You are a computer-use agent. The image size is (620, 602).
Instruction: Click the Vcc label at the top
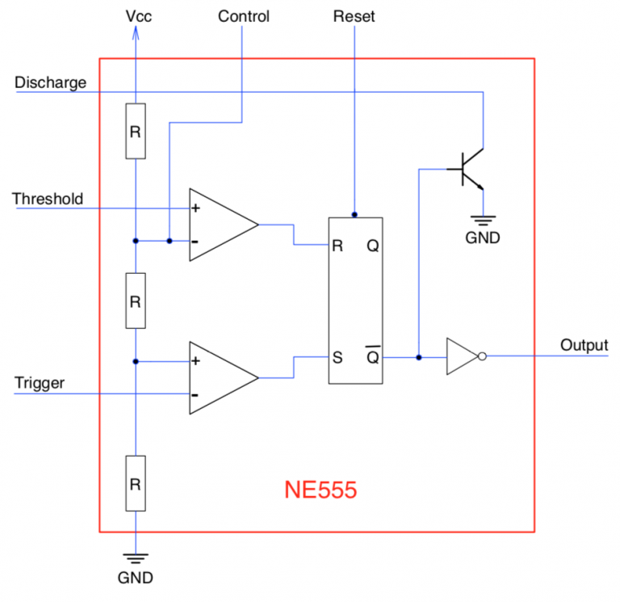137,16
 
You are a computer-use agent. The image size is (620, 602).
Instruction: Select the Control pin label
244,16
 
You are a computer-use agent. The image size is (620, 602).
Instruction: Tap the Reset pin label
354,16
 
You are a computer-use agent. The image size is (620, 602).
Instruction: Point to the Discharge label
50,82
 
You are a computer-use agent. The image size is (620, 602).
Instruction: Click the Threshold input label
48,199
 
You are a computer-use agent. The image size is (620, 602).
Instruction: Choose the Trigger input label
40,382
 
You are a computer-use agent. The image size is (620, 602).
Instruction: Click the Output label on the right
584,345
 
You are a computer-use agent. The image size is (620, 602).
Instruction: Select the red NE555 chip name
320,490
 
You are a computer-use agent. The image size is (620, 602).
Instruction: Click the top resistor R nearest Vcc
136,131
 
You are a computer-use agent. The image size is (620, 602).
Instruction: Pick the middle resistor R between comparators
136,301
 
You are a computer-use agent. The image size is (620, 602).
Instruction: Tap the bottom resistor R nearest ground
136,483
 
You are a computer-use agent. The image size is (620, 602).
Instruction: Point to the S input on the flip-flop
338,356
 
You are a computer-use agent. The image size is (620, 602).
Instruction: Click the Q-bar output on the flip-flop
372,356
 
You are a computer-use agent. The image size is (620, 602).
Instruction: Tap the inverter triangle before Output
463,356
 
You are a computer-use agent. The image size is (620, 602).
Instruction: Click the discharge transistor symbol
469,170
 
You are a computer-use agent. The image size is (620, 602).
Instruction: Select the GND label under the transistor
482,238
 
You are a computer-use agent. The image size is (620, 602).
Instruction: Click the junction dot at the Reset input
354,215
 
